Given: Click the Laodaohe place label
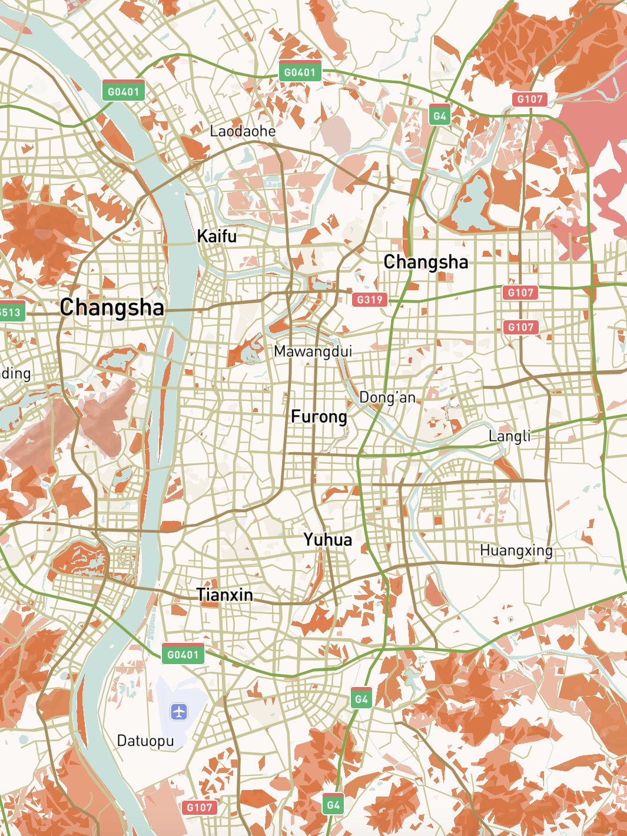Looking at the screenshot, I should pyautogui.click(x=243, y=131).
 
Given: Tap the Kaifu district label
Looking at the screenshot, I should pyautogui.click(x=217, y=236).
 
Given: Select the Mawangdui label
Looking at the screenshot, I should pyautogui.click(x=313, y=351).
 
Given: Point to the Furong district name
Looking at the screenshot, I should pyautogui.click(x=319, y=416).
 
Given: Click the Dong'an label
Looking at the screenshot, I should pyautogui.click(x=387, y=397).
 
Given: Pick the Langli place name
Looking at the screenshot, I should pyautogui.click(x=509, y=436).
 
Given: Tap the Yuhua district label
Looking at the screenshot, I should pyautogui.click(x=328, y=539).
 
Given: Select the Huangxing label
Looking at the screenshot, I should pyautogui.click(x=516, y=550).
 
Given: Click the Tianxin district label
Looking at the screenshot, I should pyautogui.click(x=225, y=595).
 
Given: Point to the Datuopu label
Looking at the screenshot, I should pyautogui.click(x=145, y=740).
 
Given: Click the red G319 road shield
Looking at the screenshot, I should pyautogui.click(x=370, y=299).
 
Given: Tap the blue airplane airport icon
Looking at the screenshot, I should pyautogui.click(x=179, y=712).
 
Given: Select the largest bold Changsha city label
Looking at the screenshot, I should pyautogui.click(x=112, y=307).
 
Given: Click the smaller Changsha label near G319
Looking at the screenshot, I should pyautogui.click(x=426, y=261).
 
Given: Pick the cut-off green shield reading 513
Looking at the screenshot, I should pyautogui.click(x=11, y=312).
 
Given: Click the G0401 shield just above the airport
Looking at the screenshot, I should pyautogui.click(x=183, y=654).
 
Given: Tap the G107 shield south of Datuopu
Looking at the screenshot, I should pyautogui.click(x=199, y=807).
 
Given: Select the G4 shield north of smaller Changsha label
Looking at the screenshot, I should pyautogui.click(x=440, y=115).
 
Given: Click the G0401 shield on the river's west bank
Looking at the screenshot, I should pyautogui.click(x=123, y=91).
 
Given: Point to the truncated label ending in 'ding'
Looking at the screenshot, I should pyautogui.click(x=15, y=373).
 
